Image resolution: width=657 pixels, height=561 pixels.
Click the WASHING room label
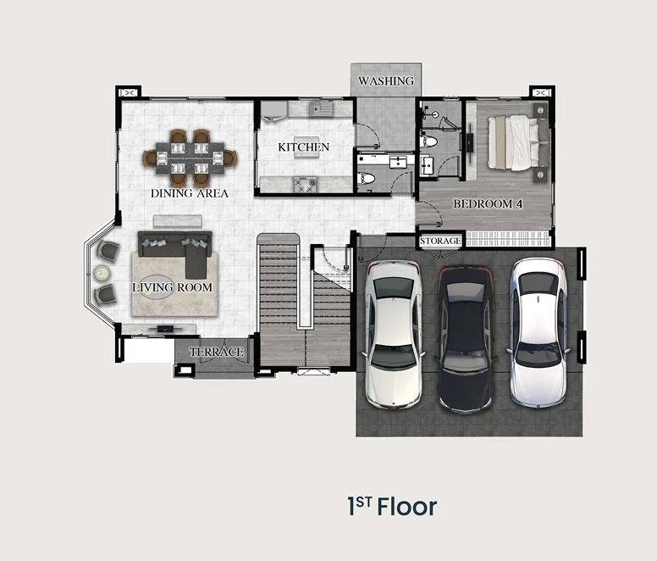click(386, 81)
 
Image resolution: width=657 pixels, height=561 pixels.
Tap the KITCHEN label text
click(304, 147)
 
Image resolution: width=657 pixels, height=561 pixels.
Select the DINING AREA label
click(190, 193)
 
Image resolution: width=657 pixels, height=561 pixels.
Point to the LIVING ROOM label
click(172, 287)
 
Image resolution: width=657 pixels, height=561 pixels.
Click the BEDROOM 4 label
click(488, 204)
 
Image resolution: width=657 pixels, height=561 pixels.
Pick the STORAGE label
click(440, 241)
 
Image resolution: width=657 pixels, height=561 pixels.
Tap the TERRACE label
click(216, 352)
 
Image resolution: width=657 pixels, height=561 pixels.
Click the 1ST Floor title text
click(392, 506)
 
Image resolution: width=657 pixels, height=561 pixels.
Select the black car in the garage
click(465, 339)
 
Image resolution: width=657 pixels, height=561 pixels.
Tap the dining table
click(190, 158)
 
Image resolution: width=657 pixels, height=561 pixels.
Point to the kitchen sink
click(321, 109)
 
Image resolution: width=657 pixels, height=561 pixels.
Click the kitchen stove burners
click(305, 185)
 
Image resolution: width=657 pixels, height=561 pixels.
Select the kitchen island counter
click(306, 147)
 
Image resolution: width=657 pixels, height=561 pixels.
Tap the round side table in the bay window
click(102, 273)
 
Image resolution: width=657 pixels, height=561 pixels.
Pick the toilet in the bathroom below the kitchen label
click(366, 178)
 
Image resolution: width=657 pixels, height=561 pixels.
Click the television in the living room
click(165, 328)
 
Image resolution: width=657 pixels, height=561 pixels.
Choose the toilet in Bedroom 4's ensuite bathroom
click(428, 142)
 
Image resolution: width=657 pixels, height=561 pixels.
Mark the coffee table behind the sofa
click(178, 221)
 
